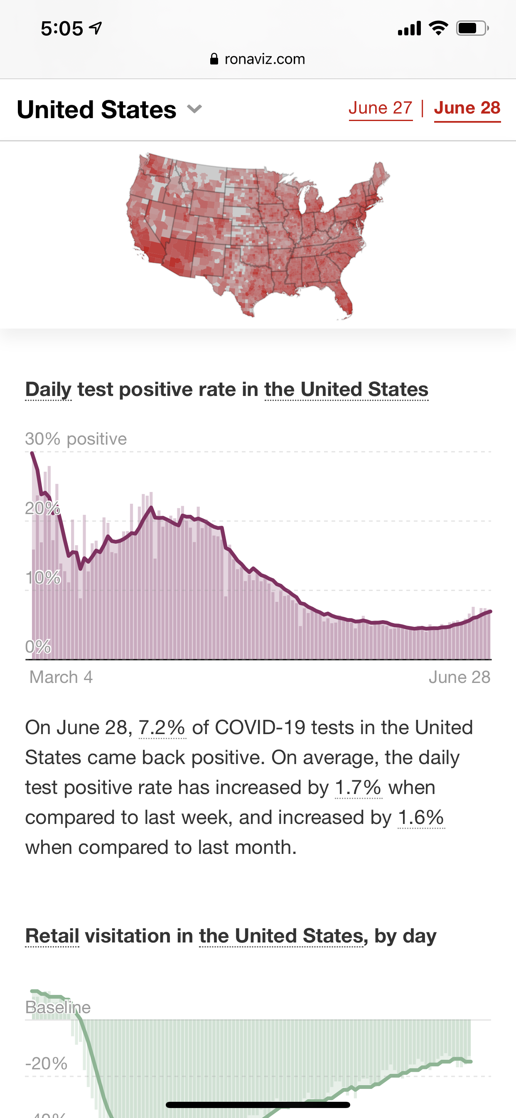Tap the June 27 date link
380,108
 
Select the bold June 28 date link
467,108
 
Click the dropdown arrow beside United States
195,109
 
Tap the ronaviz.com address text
265,59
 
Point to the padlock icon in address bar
214,59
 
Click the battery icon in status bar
472,29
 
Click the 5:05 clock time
62,29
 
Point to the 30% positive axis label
76,439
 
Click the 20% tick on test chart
42,508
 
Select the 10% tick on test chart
43,578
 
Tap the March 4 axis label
61,677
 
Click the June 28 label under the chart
459,677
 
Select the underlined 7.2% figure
162,728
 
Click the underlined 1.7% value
358,788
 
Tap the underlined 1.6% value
421,818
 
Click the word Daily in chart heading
49,389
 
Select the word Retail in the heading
52,936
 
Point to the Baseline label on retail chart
58,1007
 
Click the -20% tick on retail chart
47,1064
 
